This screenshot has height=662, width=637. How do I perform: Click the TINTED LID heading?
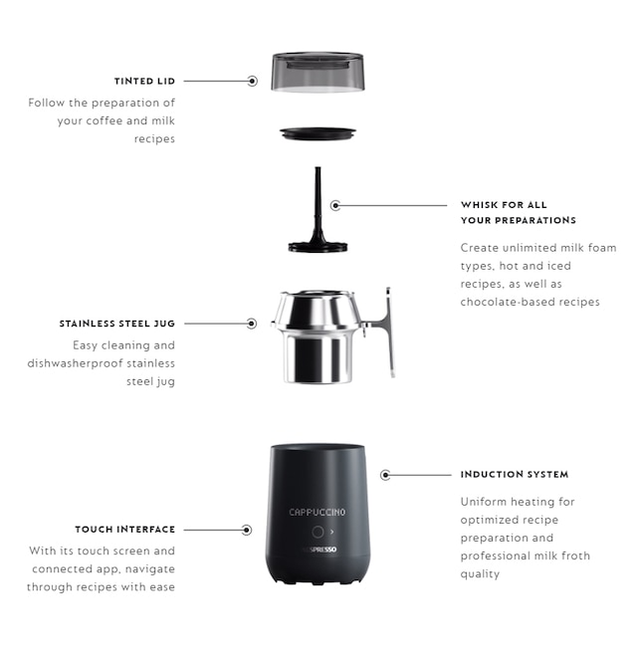[144, 81]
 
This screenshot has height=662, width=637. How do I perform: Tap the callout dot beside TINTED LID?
[253, 81]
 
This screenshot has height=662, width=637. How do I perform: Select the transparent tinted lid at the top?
[318, 72]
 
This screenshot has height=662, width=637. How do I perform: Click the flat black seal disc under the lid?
[318, 133]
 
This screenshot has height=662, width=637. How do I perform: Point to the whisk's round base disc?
[318, 247]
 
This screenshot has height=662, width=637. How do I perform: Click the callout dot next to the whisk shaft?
[335, 206]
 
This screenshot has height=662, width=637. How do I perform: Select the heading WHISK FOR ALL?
[504, 205]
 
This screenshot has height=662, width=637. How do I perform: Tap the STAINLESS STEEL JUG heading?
[116, 324]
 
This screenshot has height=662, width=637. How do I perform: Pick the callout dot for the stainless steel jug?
[252, 324]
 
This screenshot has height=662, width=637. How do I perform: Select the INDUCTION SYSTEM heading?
[515, 475]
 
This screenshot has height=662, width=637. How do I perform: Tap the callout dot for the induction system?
[385, 475]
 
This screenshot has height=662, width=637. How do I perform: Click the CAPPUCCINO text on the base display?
[318, 512]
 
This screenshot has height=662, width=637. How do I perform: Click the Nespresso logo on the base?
[319, 550]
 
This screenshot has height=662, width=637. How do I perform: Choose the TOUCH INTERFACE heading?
[125, 530]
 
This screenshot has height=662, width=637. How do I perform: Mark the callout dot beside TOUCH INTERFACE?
[247, 530]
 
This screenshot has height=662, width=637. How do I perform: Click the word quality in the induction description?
[480, 574]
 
